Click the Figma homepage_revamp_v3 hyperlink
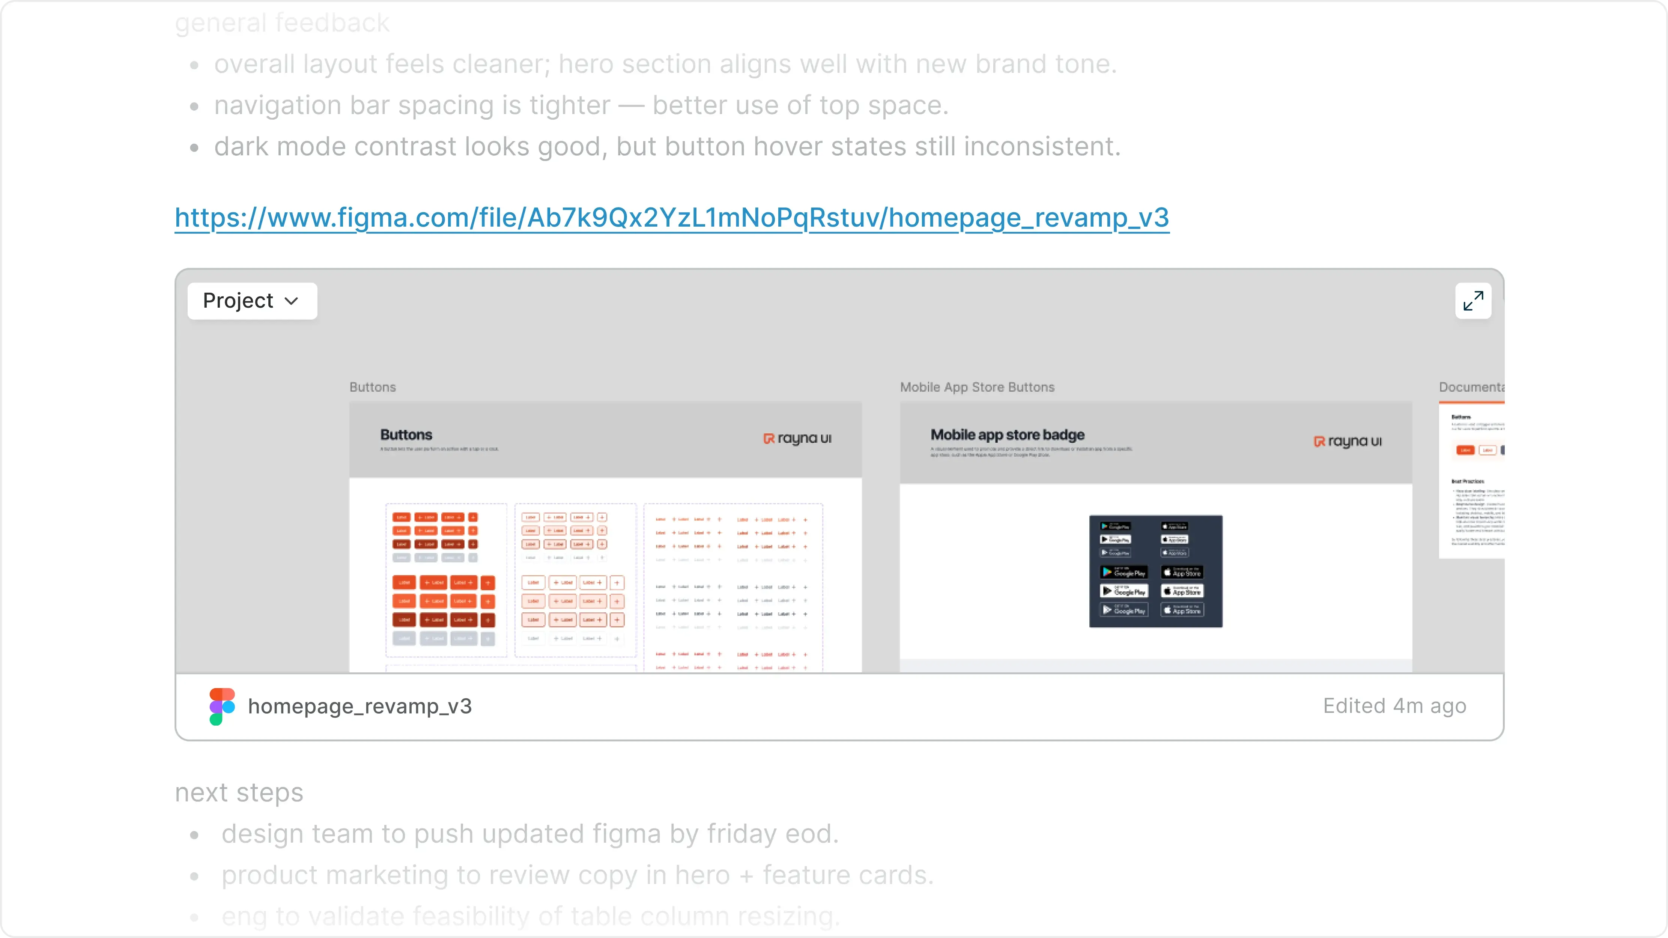pos(671,218)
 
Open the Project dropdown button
pos(252,301)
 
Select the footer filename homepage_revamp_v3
pos(359,706)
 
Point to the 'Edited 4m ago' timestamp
pos(1394,706)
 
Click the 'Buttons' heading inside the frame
pos(406,435)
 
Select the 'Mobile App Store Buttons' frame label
pos(976,387)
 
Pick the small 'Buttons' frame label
pos(372,387)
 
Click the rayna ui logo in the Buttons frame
pos(797,438)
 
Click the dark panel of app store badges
pos(1155,571)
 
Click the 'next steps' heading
pos(239,792)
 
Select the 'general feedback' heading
pos(282,23)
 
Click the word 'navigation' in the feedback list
pos(278,105)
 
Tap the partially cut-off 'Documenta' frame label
pos(1471,387)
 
